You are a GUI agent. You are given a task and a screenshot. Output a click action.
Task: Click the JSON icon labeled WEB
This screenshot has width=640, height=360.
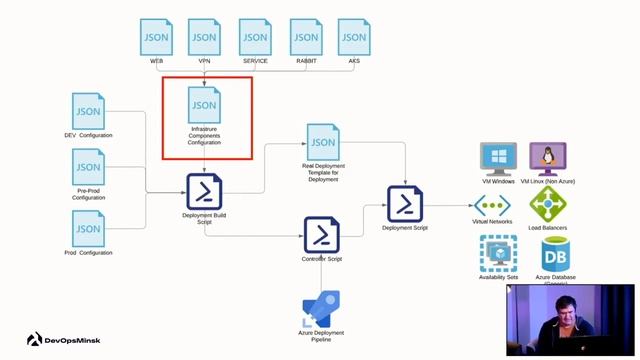tap(157, 37)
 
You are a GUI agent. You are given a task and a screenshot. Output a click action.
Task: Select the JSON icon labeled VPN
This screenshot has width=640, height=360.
tap(204, 37)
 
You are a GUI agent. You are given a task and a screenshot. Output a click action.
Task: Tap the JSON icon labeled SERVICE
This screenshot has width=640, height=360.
tap(255, 37)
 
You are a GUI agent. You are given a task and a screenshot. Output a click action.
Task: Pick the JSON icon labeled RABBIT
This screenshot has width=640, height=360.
tap(305, 37)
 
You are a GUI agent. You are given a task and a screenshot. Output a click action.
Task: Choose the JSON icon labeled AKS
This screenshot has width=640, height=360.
tap(353, 37)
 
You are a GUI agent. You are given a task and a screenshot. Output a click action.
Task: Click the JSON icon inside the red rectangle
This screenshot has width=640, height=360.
tap(204, 105)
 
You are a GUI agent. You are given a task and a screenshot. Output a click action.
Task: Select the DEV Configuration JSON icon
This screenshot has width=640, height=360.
tap(89, 111)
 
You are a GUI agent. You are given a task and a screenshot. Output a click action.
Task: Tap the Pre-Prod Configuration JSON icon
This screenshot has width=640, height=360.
tap(89, 167)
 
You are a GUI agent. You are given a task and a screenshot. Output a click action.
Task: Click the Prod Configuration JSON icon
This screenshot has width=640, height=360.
tap(89, 228)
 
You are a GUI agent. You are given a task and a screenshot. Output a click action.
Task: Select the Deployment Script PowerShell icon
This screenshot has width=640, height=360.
tap(405, 204)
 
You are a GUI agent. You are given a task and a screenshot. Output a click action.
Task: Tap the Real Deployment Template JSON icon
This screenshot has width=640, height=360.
tap(322, 142)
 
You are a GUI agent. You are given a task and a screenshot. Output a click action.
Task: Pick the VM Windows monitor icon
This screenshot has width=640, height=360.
tap(498, 158)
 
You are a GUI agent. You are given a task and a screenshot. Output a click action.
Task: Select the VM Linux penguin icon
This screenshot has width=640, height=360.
tap(547, 158)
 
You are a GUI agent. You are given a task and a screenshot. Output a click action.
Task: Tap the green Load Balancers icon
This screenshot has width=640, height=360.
tap(548, 204)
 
